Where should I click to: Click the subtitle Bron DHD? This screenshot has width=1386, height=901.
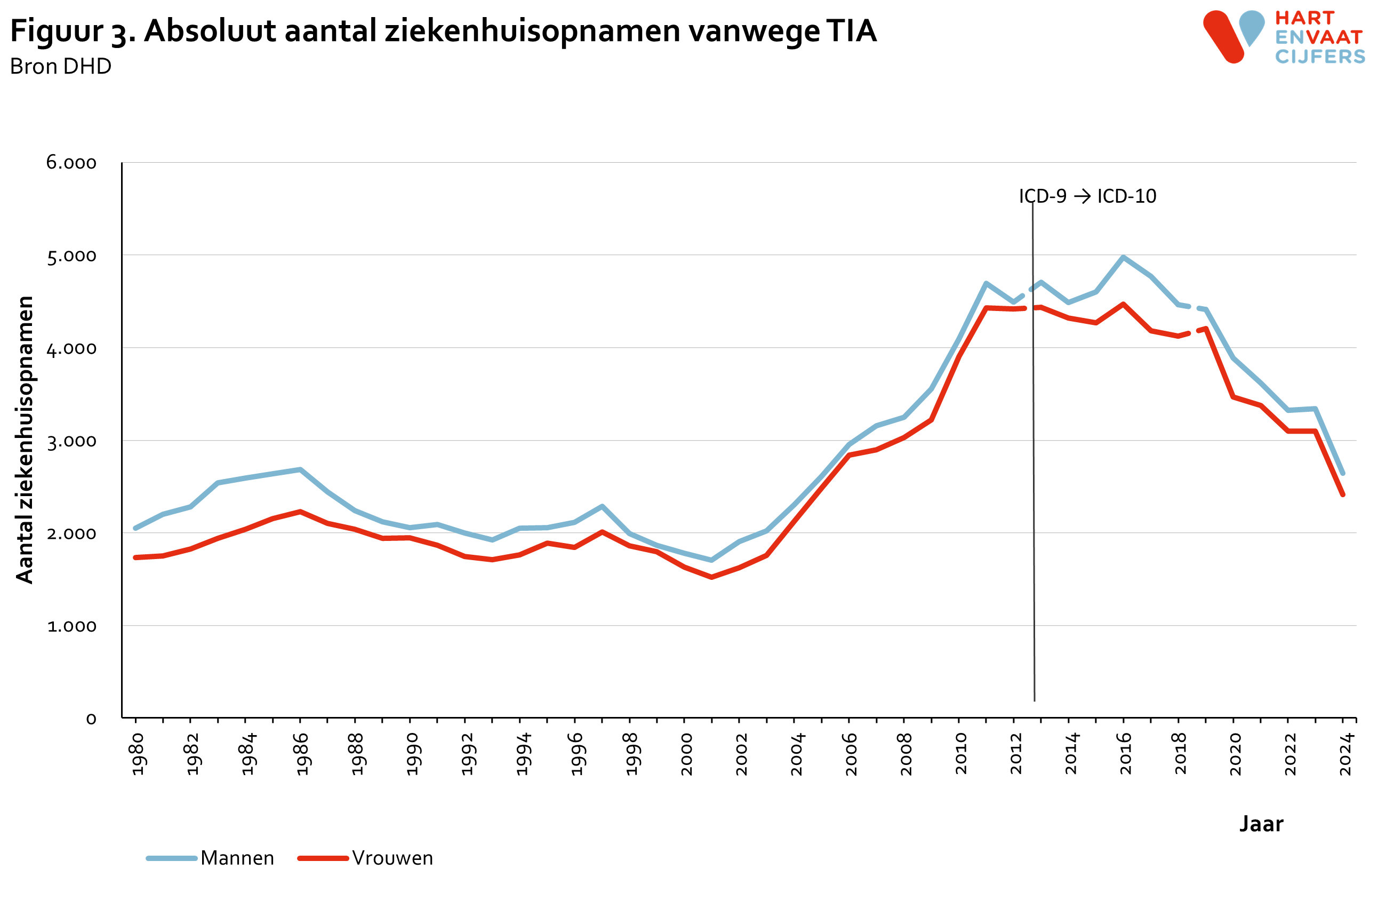point(61,66)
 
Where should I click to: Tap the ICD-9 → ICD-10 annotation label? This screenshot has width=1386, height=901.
point(1087,196)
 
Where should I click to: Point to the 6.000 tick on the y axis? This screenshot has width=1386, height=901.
point(71,163)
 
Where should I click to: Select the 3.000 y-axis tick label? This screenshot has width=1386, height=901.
point(71,441)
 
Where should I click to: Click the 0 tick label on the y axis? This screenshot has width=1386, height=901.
point(91,719)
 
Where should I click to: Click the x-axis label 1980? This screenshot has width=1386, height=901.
point(138,754)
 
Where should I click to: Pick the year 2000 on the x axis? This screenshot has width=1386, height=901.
point(686,754)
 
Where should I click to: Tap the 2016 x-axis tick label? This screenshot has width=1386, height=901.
point(1125,754)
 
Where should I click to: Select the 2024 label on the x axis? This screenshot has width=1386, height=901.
point(1345,754)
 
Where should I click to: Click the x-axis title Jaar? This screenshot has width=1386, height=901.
point(1261,824)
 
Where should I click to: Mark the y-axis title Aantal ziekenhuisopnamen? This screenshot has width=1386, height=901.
point(25,440)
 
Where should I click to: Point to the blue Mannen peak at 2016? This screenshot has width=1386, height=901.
point(1124,258)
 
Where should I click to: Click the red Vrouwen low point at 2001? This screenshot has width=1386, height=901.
point(711,577)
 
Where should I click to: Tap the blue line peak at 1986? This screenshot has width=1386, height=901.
point(300,469)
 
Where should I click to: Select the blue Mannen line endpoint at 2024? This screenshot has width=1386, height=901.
point(1343,474)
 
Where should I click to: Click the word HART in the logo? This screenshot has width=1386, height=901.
point(1304,18)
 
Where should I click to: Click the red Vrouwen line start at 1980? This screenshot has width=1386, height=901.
point(135,557)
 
